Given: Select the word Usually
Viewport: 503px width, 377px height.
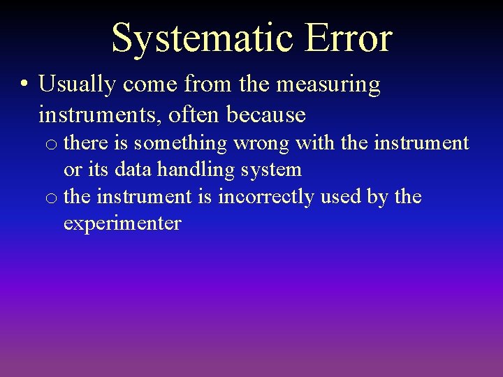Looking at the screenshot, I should point(77,85).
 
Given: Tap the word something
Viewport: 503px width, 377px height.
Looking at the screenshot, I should point(181,144).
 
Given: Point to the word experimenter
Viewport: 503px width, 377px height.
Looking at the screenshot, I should point(122,224).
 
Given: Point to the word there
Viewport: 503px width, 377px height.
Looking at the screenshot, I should point(87,143).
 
